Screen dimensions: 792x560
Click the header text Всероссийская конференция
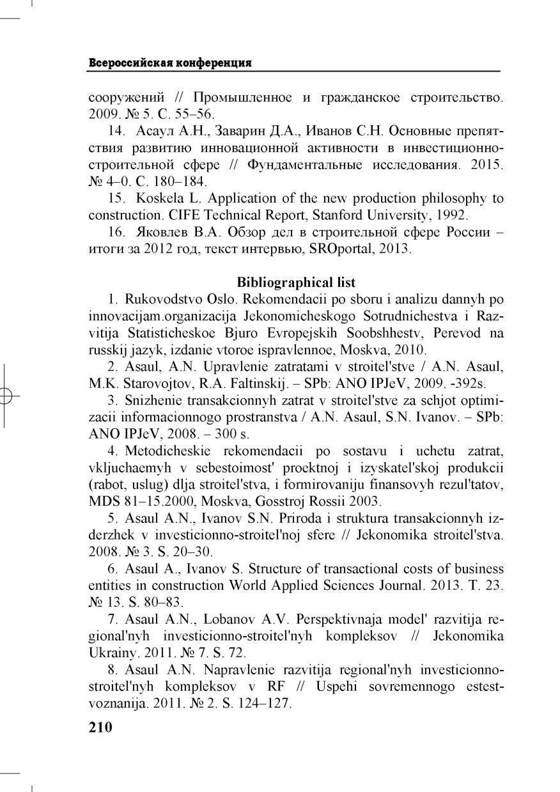[169, 63]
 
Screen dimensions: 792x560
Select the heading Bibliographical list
[296, 282]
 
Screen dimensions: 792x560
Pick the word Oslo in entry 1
[222, 299]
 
